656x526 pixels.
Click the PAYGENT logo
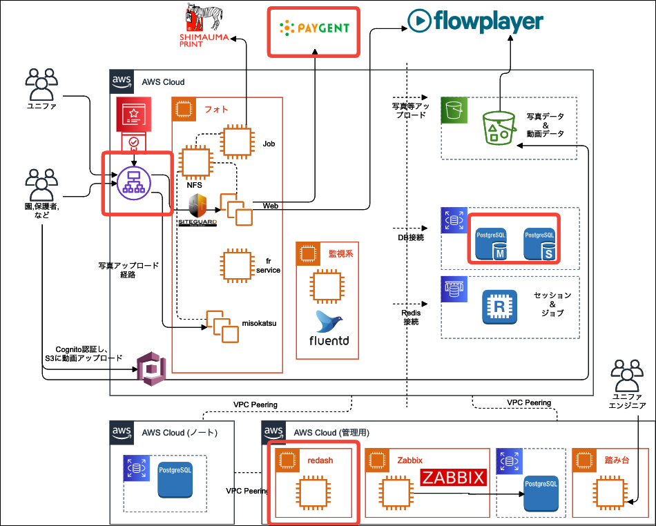pos(315,29)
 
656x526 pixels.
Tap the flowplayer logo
pos(476,21)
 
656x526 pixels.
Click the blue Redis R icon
pos(499,306)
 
